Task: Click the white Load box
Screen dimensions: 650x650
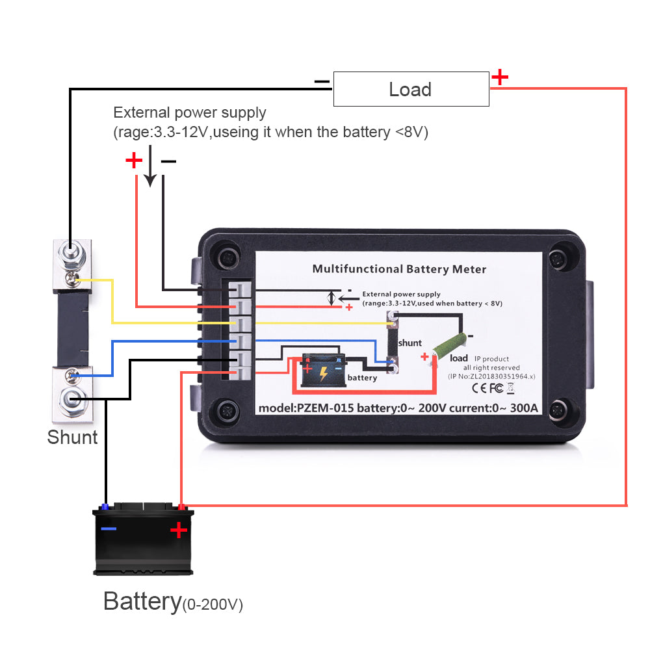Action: tap(411, 89)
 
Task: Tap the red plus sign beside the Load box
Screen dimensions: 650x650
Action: tap(499, 77)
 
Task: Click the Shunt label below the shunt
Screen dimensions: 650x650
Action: tap(72, 437)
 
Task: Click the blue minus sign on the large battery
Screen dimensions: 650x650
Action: tap(109, 528)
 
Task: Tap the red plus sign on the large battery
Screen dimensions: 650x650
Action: tap(178, 531)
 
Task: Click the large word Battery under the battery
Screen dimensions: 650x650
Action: tap(142, 601)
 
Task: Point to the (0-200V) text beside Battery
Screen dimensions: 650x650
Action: tap(213, 605)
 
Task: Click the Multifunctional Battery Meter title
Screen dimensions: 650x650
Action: tap(399, 268)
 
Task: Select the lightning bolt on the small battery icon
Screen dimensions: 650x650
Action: tap(323, 374)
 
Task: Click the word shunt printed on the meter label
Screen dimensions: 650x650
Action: tap(409, 343)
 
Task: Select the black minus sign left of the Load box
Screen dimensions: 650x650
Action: tap(322, 82)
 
